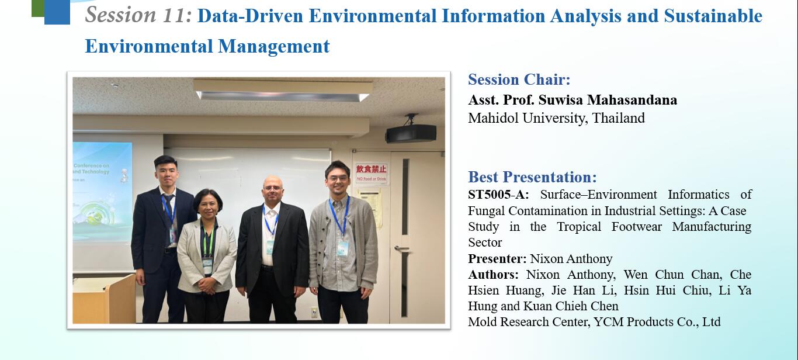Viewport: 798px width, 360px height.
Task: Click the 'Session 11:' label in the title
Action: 138,15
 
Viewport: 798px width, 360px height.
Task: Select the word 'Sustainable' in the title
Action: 713,16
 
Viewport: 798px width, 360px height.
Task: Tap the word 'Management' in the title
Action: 274,46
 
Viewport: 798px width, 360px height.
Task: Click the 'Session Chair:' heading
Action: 519,79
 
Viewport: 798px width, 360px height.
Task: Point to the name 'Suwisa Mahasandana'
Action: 608,100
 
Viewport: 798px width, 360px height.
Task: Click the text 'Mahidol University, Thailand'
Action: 557,118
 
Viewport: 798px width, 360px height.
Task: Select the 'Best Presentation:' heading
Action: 532,177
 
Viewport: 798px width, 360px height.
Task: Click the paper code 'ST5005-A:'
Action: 498,195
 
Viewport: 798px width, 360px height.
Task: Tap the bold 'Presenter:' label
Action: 497,258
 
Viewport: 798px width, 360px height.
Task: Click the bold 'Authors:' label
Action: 494,275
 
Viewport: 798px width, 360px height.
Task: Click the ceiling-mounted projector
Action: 411,130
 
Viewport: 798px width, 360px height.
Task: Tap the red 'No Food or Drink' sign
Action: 371,173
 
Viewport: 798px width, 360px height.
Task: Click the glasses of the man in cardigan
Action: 337,178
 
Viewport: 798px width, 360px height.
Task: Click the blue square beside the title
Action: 57,12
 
